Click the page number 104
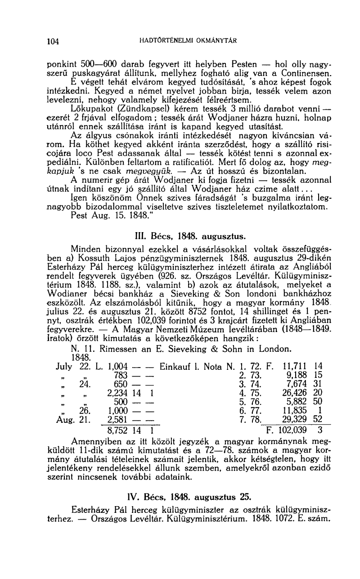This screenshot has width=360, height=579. (x=54, y=42)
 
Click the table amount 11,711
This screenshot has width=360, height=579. (x=294, y=365)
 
